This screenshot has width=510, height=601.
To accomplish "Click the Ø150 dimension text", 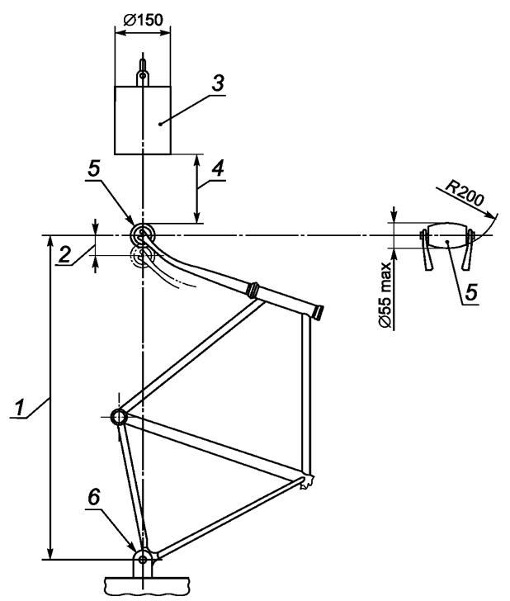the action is click(x=143, y=20).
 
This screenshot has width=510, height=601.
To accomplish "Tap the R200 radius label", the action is click(x=465, y=193).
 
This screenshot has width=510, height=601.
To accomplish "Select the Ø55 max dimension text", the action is click(x=386, y=296).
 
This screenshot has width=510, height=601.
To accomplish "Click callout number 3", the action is click(x=218, y=83).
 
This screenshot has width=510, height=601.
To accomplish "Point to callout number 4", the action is click(x=218, y=168).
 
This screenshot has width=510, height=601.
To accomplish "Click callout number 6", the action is click(x=94, y=498).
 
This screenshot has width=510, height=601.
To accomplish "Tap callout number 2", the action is click(x=64, y=254).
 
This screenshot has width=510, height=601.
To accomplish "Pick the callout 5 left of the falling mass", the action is click(x=93, y=168).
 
